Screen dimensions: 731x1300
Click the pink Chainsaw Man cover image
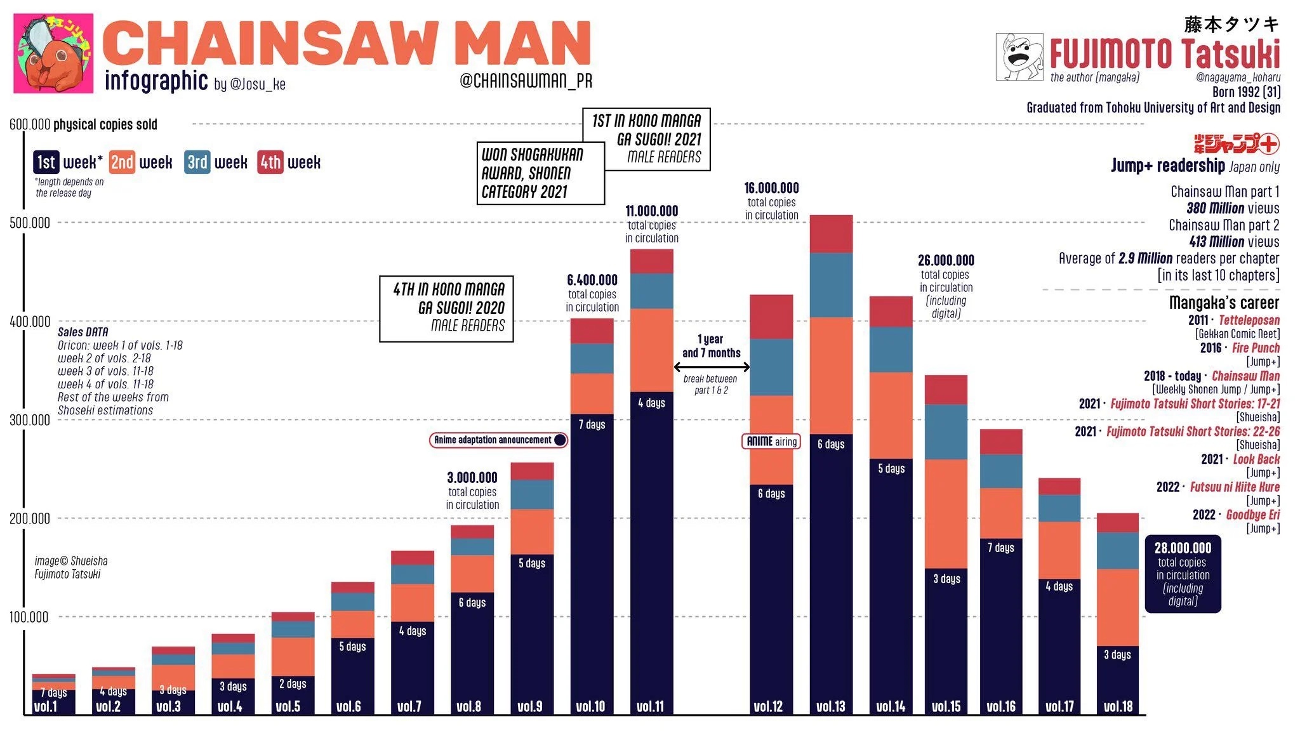pos(53,53)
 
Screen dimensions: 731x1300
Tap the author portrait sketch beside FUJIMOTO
pos(1019,57)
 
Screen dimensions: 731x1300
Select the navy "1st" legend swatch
pos(46,162)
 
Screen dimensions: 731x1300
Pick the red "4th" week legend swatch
pos(270,162)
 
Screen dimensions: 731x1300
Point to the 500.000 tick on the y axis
pos(30,223)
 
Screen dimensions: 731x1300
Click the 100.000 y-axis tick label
pos(30,617)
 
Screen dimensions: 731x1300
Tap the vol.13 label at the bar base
pos(831,706)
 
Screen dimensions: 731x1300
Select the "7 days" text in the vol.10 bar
pos(592,425)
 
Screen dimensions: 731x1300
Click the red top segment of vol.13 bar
pos(831,234)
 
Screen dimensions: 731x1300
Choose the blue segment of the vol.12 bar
pos(771,367)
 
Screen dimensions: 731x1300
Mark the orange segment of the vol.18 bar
pos(1118,607)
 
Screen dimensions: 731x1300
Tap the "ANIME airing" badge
pos(771,441)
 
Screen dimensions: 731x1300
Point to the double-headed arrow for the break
pos(712,367)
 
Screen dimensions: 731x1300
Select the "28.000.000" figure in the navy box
pos(1183,548)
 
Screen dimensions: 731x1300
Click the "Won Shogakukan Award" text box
pos(540,173)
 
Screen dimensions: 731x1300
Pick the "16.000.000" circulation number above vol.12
pos(771,188)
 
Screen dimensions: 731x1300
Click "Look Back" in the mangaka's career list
pos(1256,459)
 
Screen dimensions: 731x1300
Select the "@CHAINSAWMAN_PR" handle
pos(526,81)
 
